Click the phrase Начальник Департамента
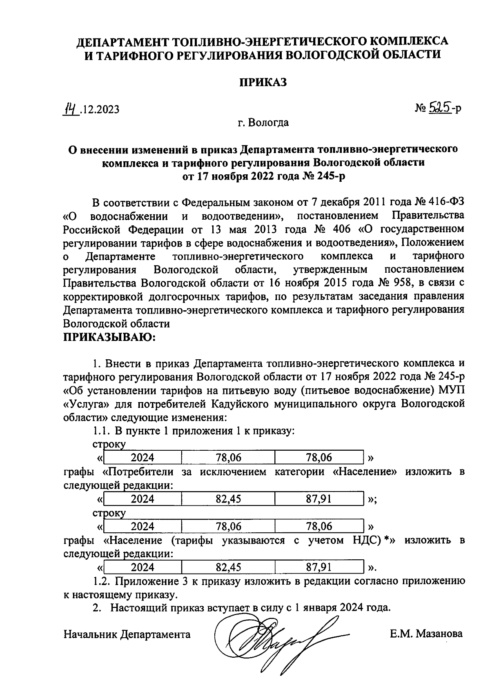[127, 634]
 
